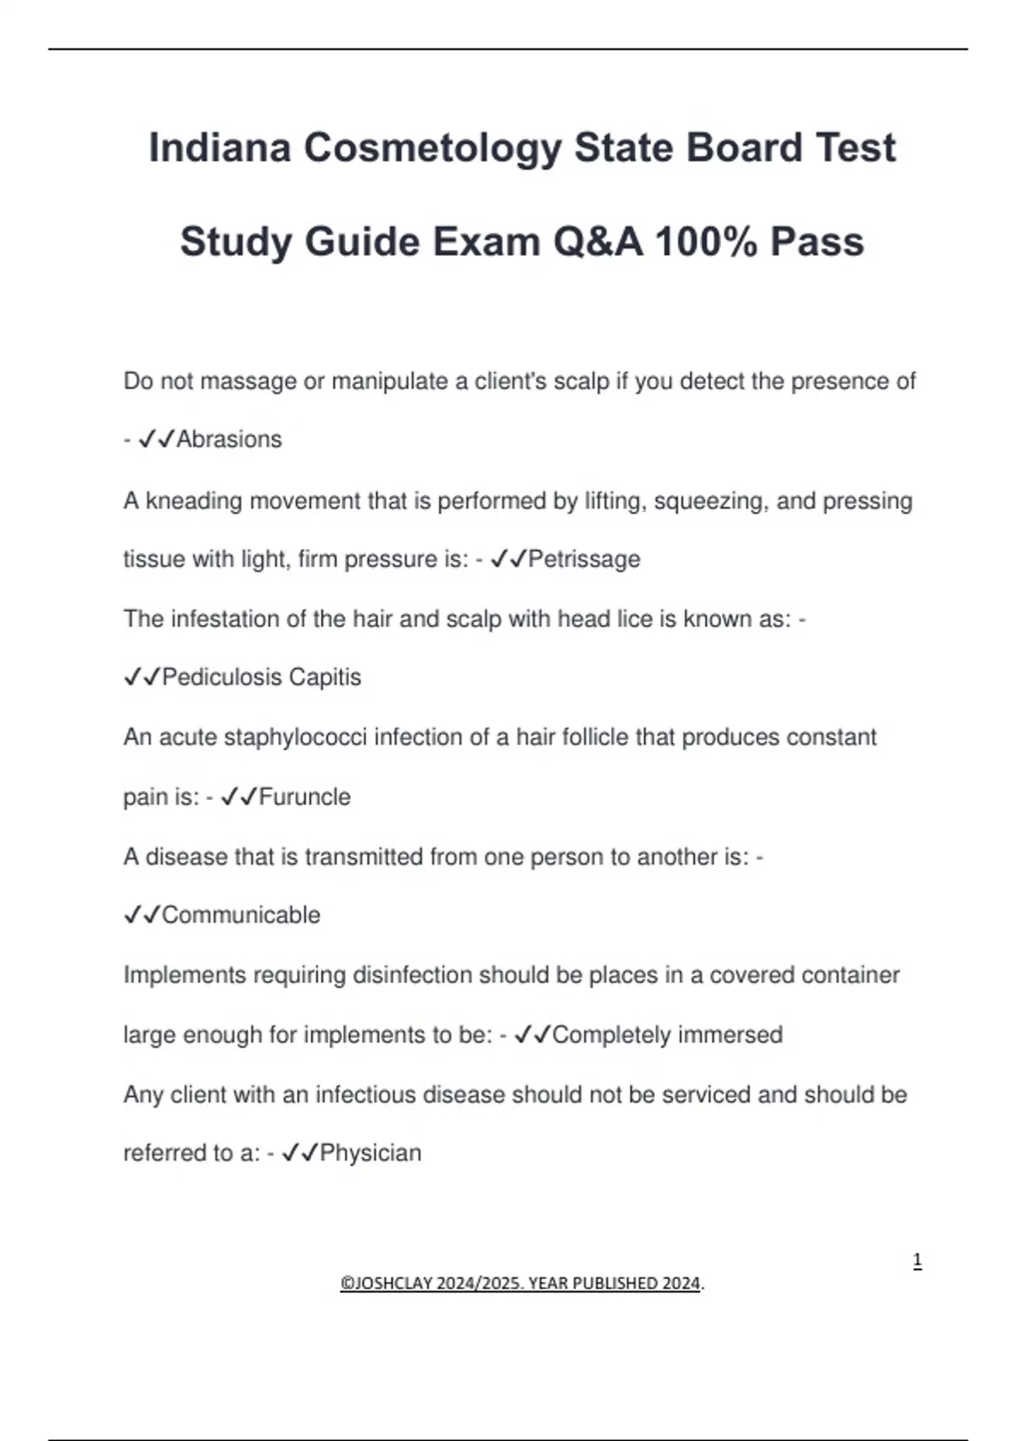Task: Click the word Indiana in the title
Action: (x=220, y=147)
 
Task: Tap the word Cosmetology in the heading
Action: (x=432, y=147)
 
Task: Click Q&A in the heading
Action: (x=597, y=242)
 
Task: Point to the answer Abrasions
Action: (x=229, y=439)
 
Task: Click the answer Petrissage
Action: (x=584, y=559)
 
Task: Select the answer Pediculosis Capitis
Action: (x=261, y=677)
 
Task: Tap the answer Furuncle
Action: (x=304, y=797)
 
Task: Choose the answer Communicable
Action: (x=241, y=915)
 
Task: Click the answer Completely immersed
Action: (x=667, y=1035)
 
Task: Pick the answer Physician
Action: (x=370, y=1153)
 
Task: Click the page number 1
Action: (x=917, y=1261)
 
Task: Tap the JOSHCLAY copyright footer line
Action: (x=521, y=1283)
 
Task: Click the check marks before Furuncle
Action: (x=238, y=797)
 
